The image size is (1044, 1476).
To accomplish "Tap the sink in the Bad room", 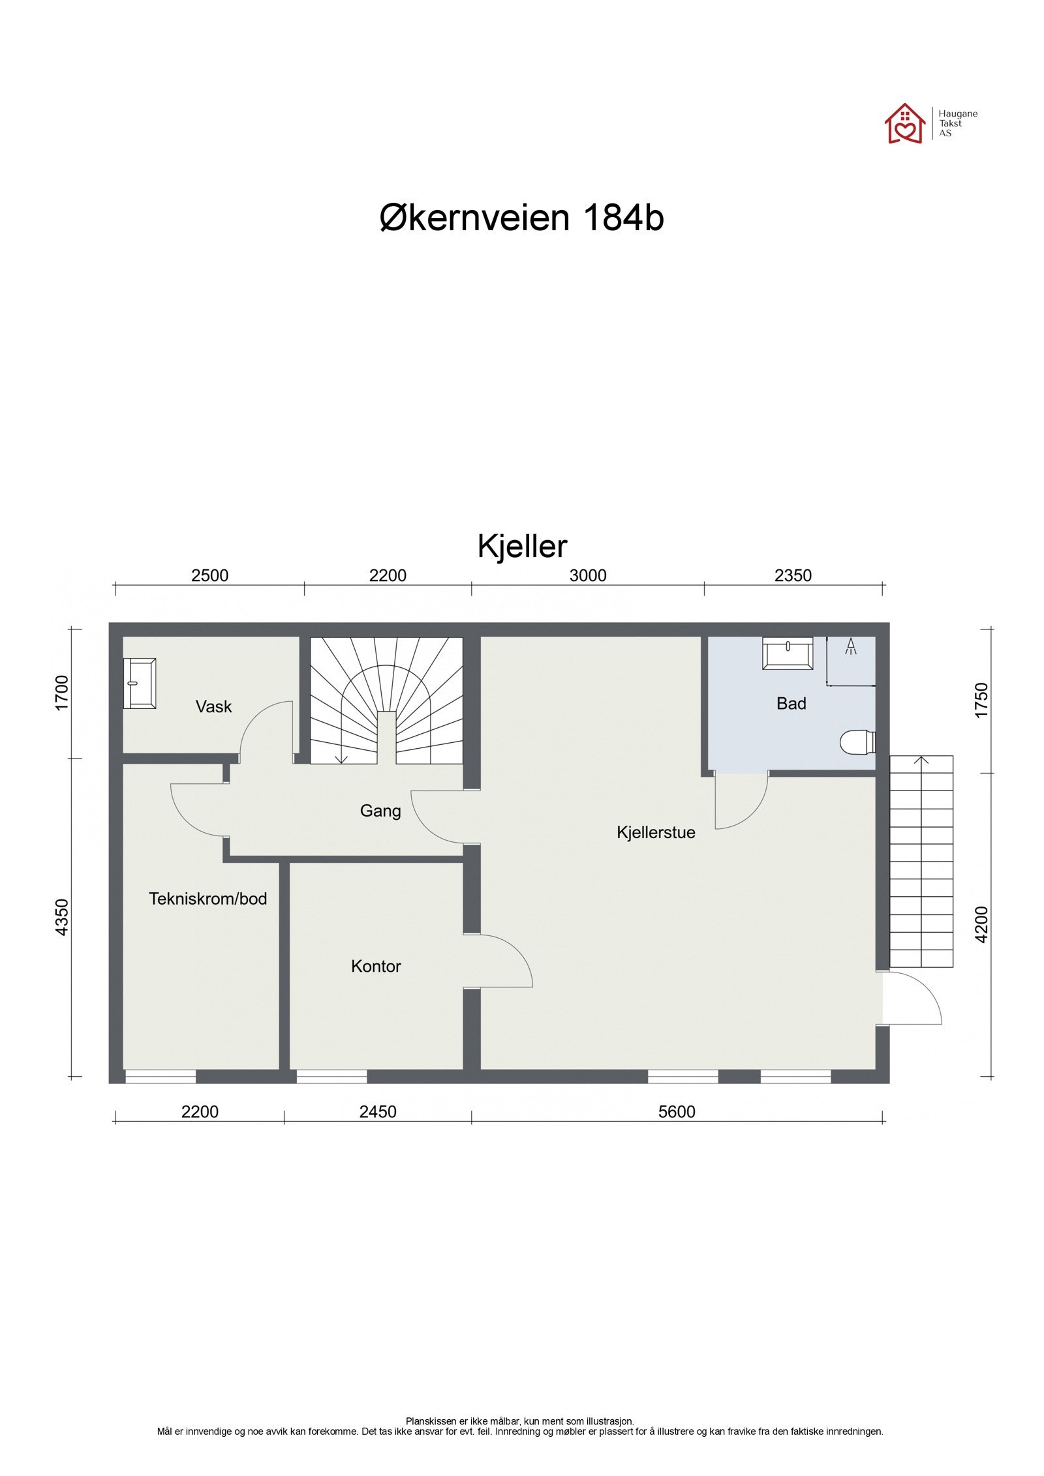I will pos(787,654).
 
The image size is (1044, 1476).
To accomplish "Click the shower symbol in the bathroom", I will pos(850,646).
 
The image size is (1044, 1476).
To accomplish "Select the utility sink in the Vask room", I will pos(140,683).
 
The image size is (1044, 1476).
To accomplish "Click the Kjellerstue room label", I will pos(655,832).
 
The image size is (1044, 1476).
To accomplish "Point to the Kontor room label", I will pos(375,966).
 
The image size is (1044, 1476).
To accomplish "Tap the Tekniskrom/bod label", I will pos(207,899).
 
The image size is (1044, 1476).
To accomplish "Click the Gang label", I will pos(380,811).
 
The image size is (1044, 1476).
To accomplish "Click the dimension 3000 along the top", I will pos(587,575).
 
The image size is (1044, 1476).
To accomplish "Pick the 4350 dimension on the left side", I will pos(61,917).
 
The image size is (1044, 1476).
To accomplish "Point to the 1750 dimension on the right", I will pos(981,700).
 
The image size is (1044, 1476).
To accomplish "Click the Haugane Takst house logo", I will pos(904,123).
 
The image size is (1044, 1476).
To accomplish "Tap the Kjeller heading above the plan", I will pos(522,547).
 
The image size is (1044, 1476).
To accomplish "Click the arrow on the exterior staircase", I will pos(921,761).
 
